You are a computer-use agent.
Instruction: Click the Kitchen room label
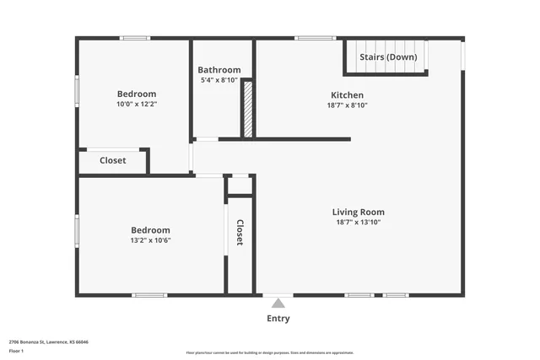pos(347,95)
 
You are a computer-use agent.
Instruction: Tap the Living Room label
pos(359,212)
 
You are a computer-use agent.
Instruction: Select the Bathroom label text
pos(219,70)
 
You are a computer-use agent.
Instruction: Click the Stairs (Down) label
pos(388,57)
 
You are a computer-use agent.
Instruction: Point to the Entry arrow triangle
pos(278,303)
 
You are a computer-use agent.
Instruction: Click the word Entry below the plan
pos(278,319)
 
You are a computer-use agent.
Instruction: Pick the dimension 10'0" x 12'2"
pos(137,104)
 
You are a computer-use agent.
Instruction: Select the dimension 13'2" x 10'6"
pos(150,240)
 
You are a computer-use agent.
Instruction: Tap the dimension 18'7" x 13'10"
pos(359,223)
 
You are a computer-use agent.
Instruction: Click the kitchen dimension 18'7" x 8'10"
pos(347,105)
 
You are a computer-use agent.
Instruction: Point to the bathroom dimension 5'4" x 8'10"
pos(219,80)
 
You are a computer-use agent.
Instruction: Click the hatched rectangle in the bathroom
pos(248,109)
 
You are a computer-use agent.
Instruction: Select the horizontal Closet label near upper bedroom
pos(113,160)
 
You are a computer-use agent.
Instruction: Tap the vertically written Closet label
pos(240,233)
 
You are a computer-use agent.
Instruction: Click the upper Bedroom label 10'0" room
pos(137,94)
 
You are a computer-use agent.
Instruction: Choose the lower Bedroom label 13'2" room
pos(150,230)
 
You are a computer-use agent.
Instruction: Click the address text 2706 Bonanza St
pos(49,341)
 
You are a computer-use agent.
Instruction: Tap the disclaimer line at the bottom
pos(270,353)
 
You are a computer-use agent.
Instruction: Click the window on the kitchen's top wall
pos(316,38)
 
